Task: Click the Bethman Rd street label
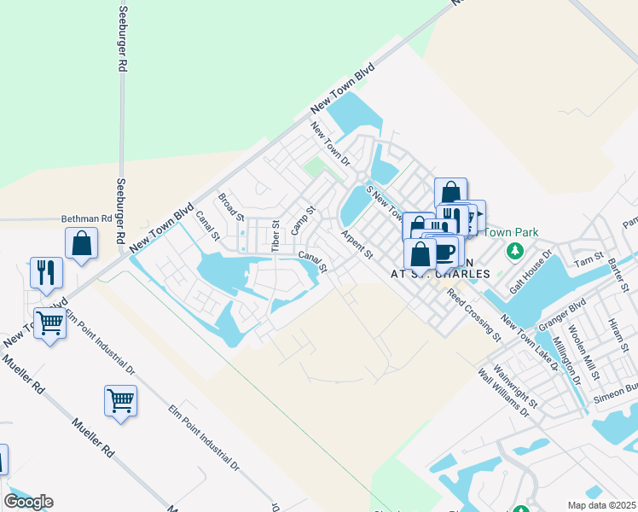[x=87, y=218]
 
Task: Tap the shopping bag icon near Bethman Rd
[x=81, y=243]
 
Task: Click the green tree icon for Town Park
[x=514, y=251]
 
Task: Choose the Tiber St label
[x=275, y=236]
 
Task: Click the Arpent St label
[x=357, y=243]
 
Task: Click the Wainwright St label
[x=519, y=387]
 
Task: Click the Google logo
[x=28, y=502]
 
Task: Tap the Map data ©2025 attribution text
[x=601, y=505]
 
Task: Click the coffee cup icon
[x=445, y=251]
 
